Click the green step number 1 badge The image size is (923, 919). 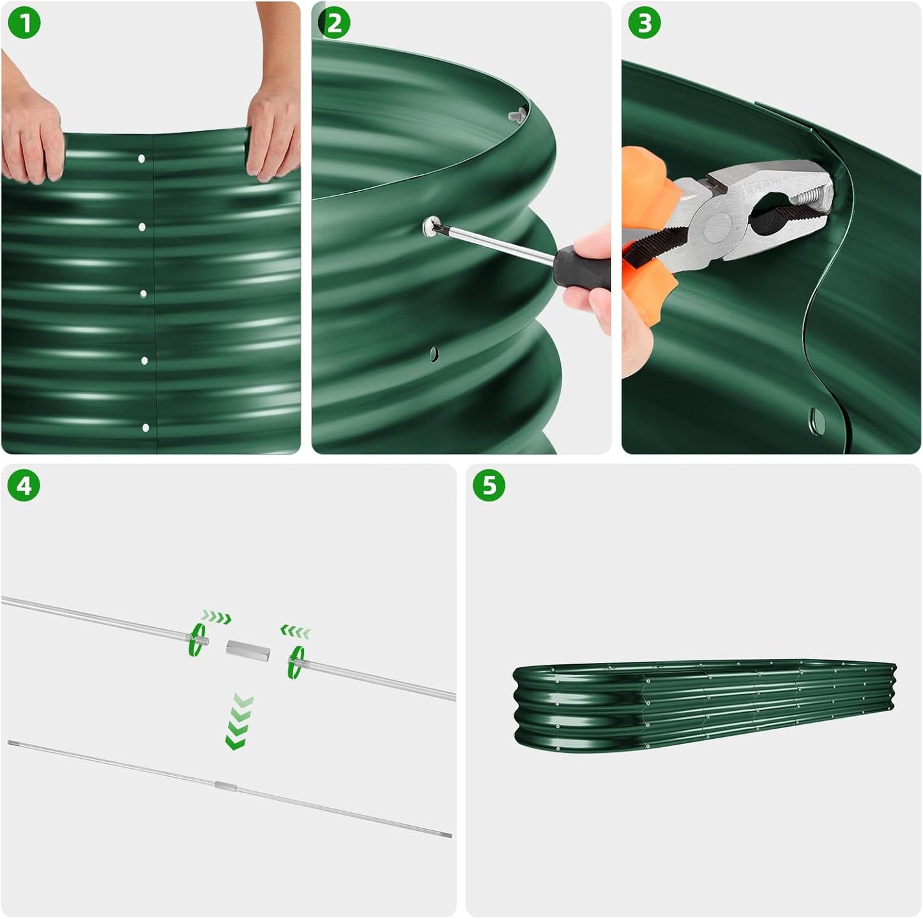coord(24,24)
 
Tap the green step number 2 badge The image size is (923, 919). coord(334,24)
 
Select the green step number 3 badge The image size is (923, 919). coord(645,24)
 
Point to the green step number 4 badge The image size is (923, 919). coord(24,486)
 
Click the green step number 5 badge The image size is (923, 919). coord(489,486)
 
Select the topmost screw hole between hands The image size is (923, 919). coord(142,158)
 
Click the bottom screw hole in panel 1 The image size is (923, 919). coord(146,427)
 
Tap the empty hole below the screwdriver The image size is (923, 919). coord(434,353)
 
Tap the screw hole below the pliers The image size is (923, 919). coord(817,419)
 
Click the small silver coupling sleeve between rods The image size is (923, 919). coord(248,651)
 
